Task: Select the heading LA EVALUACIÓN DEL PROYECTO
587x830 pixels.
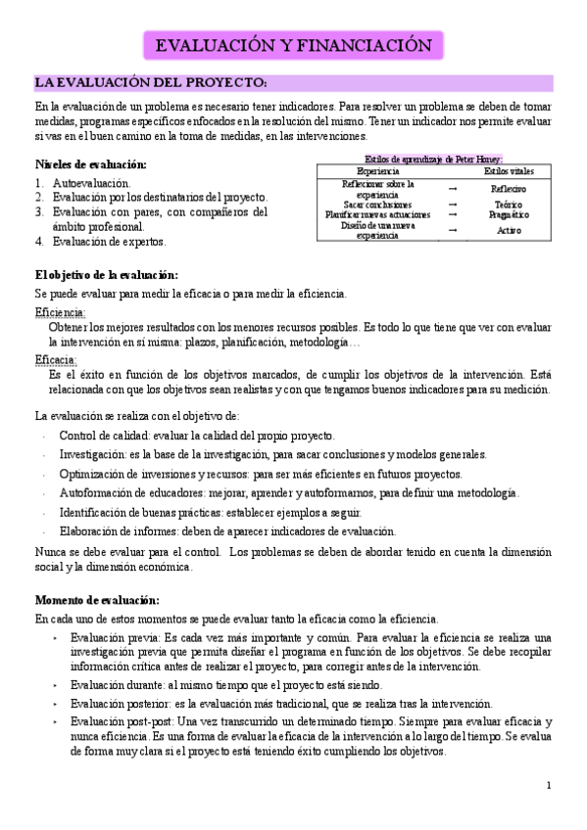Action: point(151,82)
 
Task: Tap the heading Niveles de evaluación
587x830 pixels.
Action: point(91,163)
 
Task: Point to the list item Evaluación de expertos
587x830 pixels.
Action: point(110,241)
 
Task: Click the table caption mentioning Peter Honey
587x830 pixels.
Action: point(431,159)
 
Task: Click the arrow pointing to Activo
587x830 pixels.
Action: point(452,230)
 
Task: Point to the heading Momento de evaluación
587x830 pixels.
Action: point(96,600)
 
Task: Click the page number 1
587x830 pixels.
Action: point(550,785)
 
